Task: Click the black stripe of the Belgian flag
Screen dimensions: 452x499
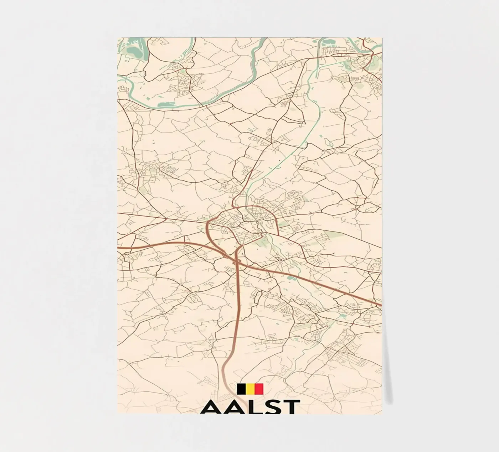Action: click(241, 389)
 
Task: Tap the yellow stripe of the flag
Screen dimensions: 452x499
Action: click(250, 389)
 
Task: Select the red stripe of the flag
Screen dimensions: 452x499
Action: click(259, 389)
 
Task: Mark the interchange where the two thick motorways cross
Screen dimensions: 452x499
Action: click(237, 261)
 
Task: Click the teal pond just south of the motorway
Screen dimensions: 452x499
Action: click(291, 277)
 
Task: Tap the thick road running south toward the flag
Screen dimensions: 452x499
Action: click(236, 321)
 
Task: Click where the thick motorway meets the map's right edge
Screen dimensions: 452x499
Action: click(381, 305)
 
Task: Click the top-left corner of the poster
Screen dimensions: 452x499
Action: click(118, 37)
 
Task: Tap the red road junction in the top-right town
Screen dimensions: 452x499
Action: click(371, 53)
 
